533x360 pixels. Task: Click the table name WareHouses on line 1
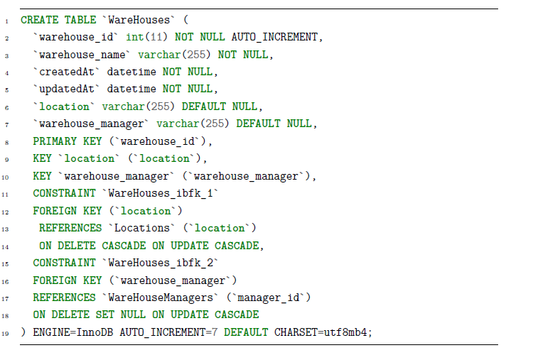(x=139, y=20)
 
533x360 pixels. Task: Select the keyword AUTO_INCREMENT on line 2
(x=274, y=37)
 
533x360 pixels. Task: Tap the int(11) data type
(x=147, y=37)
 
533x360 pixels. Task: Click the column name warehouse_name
(x=82, y=55)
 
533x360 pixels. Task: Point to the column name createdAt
(x=67, y=72)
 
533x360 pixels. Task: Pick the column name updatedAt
(x=67, y=89)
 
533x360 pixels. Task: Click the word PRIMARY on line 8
(x=55, y=141)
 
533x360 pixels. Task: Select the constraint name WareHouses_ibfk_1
(x=161, y=194)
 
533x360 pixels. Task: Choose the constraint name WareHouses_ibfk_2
(x=161, y=263)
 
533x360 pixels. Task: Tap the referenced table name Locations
(x=141, y=228)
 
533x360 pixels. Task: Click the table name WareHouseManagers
(x=161, y=298)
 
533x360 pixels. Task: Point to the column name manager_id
(x=269, y=298)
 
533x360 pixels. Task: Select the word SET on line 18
(x=104, y=315)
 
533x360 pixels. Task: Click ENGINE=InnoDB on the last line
(x=73, y=332)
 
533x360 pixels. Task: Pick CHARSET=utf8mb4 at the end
(x=321, y=332)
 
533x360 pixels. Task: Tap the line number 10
(x=5, y=178)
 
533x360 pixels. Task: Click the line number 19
(x=5, y=334)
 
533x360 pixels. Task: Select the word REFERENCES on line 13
(x=70, y=228)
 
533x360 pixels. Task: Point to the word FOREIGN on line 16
(x=55, y=280)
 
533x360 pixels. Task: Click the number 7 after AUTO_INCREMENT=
(x=215, y=332)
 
